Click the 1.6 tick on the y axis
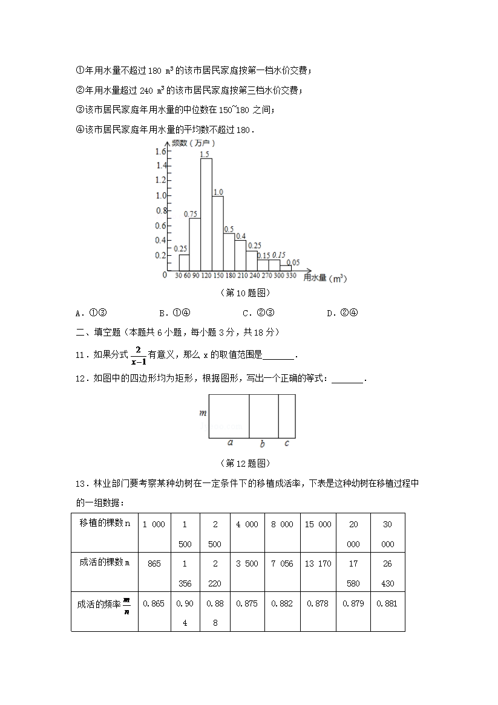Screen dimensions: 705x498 160,151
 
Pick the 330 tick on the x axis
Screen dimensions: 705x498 292,276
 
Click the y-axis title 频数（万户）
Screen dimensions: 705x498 193,143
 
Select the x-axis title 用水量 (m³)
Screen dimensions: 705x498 324,278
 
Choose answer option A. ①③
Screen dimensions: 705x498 91,313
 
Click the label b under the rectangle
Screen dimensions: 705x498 262,444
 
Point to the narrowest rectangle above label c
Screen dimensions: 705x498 287,416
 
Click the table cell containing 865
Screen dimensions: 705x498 154,564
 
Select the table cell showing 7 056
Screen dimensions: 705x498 282,564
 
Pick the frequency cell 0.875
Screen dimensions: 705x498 247,603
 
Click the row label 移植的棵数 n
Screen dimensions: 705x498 104,524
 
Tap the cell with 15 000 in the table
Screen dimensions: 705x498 318,524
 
